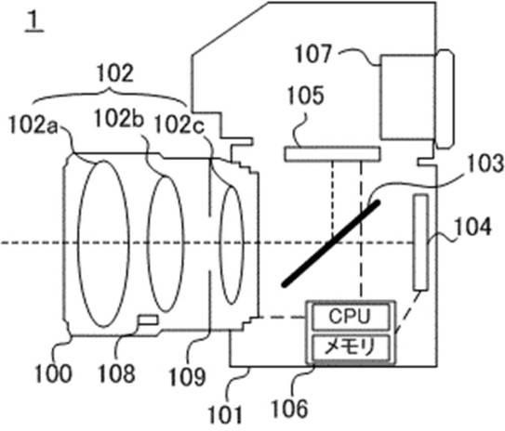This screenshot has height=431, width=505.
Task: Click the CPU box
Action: [x=351, y=317]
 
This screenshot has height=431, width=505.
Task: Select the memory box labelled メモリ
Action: [x=351, y=347]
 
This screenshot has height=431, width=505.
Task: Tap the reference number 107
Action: [x=313, y=55]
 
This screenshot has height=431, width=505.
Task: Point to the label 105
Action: [x=305, y=96]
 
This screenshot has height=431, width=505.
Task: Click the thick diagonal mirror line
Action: [x=331, y=243]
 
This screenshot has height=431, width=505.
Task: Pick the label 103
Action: [x=485, y=163]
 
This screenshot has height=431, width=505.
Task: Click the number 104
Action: [x=472, y=227]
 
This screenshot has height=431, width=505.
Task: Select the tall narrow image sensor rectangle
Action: [x=421, y=242]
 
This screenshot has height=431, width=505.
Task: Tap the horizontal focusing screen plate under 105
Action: [x=332, y=154]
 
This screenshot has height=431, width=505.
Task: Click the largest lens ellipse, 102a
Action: [x=103, y=243]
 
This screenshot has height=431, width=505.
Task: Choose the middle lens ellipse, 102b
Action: [x=166, y=243]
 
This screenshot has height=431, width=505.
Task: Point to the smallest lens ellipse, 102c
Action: [x=232, y=244]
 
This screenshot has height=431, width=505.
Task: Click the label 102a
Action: [x=33, y=124]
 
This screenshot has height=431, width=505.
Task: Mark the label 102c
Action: [x=179, y=124]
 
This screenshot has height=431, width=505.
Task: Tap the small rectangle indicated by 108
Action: [x=148, y=320]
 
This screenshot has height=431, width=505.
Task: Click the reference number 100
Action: [x=53, y=373]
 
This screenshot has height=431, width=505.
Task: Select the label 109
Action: [x=187, y=376]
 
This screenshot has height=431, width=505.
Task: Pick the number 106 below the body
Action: [x=289, y=408]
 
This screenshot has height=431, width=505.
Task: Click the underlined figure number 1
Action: [x=34, y=21]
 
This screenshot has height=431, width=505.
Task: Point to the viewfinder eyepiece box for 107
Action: [x=407, y=98]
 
